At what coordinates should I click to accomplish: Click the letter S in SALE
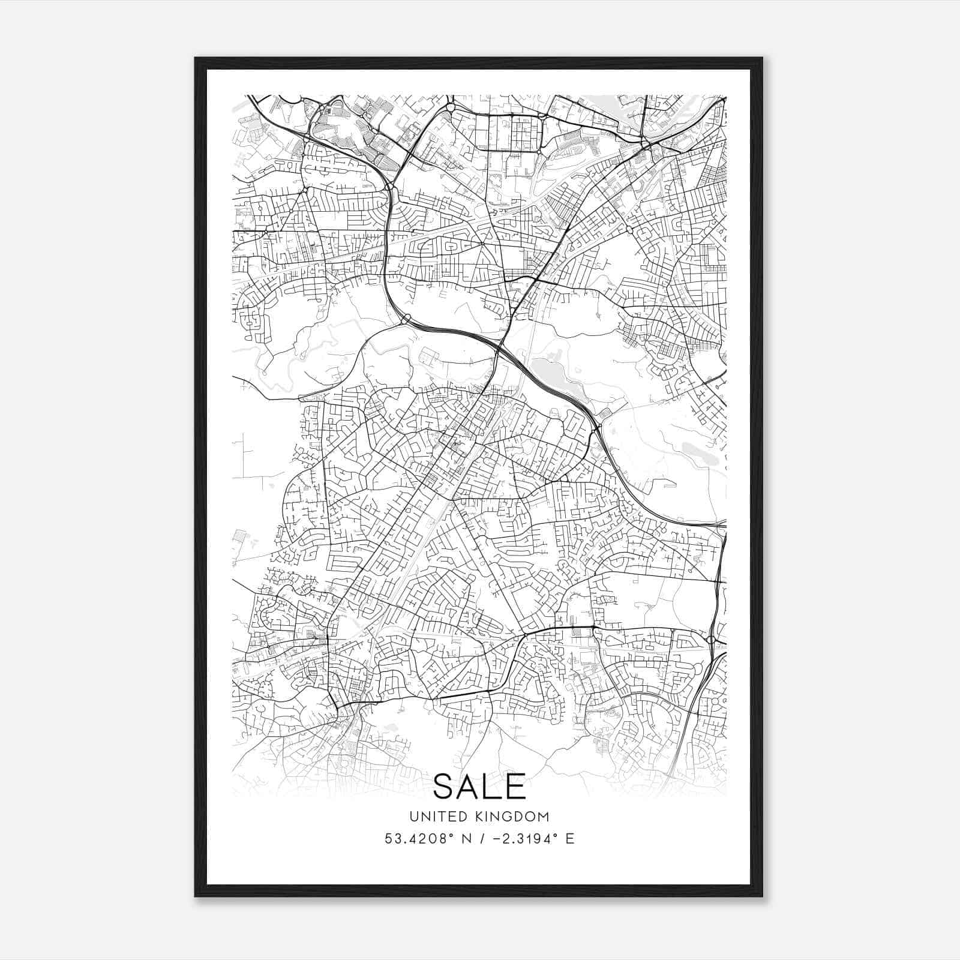point(445,787)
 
